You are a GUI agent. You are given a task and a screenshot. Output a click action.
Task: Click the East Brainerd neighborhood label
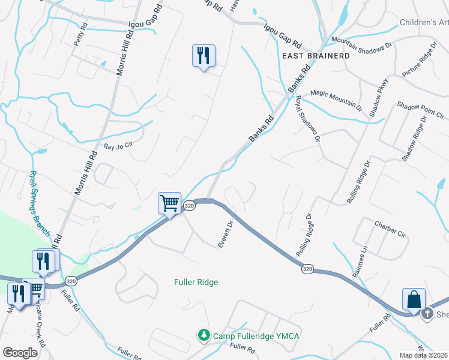(x=316, y=55)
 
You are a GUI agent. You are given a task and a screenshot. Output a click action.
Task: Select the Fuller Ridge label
(x=196, y=282)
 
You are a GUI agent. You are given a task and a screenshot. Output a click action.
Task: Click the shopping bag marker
(x=414, y=299)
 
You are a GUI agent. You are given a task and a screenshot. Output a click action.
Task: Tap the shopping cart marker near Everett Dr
(x=169, y=203)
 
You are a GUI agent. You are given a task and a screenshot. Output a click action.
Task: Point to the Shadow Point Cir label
(x=420, y=110)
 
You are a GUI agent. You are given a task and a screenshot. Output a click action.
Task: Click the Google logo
(x=20, y=353)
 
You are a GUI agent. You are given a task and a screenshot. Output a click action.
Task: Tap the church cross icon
(x=427, y=313)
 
